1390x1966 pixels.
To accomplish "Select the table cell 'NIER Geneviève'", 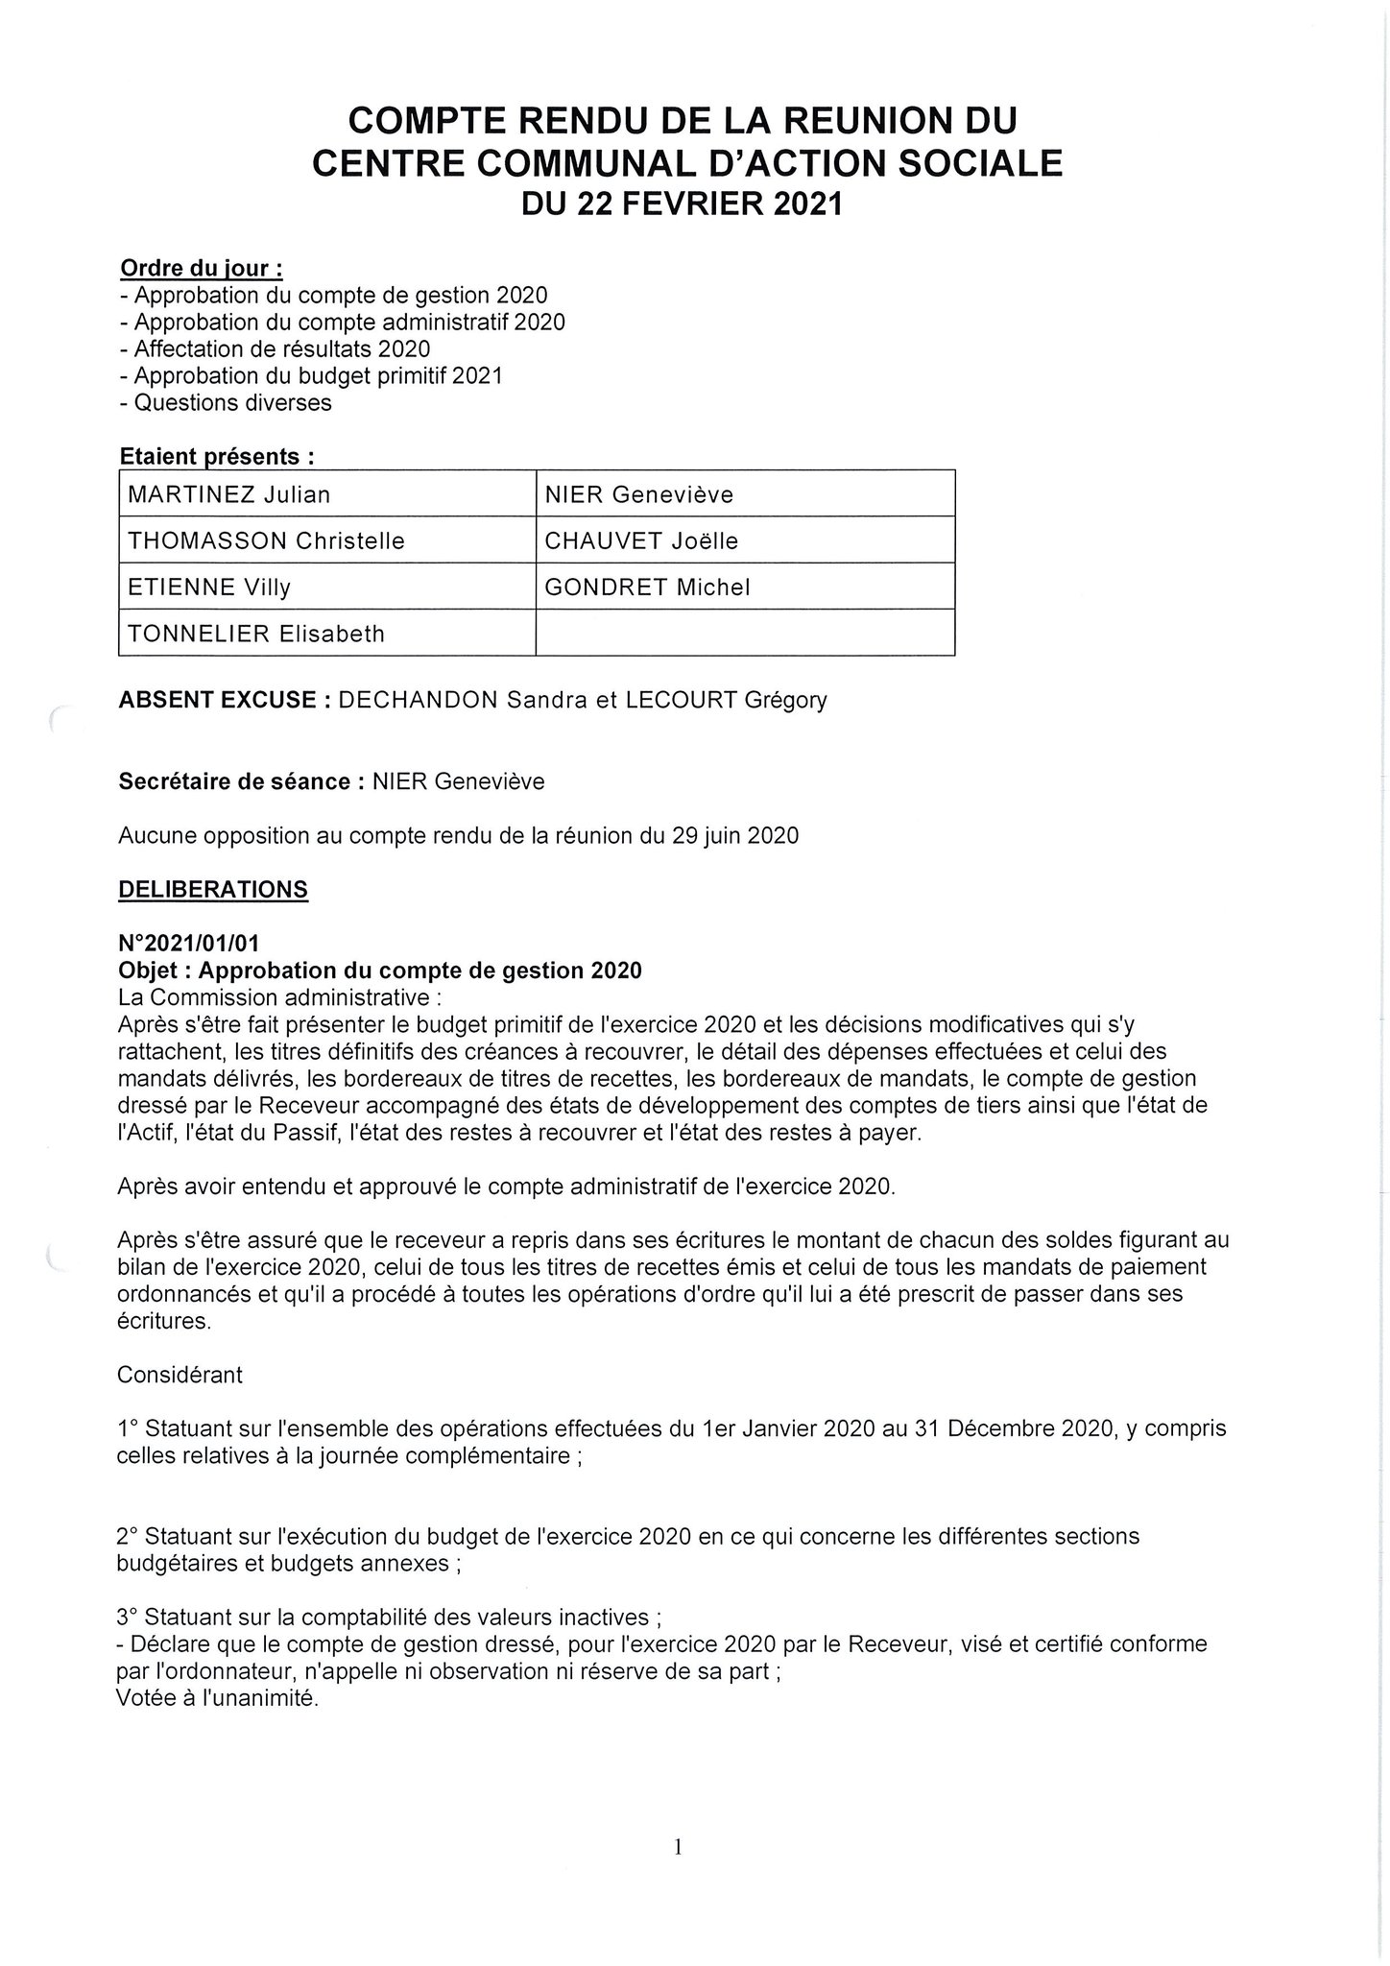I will click(x=638, y=494).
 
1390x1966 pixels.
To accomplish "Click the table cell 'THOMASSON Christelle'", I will click(x=266, y=540).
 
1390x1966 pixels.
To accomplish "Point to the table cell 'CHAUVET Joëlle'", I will click(x=641, y=540).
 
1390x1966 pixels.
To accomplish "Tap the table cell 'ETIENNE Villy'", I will click(x=209, y=587).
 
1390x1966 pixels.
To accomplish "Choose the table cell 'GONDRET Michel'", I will click(x=647, y=587).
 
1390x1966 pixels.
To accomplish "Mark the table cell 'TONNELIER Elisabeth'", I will click(x=255, y=633).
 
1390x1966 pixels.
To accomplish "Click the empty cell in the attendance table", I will click(x=745, y=633).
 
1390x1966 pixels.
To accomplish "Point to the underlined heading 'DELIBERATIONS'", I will click(x=212, y=890).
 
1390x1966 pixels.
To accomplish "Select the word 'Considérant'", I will click(x=180, y=1375).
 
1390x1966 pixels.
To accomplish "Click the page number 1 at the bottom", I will click(x=679, y=1846).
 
